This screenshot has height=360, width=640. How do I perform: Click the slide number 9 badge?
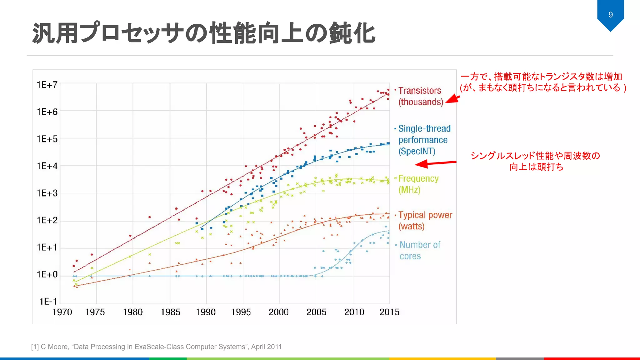point(610,15)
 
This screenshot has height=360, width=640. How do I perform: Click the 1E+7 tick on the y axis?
point(47,85)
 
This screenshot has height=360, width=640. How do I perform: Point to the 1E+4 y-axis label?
point(47,166)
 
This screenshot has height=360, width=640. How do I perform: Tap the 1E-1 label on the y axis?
point(48,301)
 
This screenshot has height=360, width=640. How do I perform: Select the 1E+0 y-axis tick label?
point(47,274)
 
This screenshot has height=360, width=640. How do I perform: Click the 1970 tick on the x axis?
point(62,312)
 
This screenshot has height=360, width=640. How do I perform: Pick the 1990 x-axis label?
point(206,312)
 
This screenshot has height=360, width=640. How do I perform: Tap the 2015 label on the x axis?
point(389,312)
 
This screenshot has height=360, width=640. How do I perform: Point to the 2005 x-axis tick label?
point(316,312)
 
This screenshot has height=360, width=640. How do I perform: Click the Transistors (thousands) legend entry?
point(420,96)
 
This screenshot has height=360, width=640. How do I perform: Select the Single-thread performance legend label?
point(424,140)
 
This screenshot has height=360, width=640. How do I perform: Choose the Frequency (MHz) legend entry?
point(418,184)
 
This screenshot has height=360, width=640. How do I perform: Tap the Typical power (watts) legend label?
point(425,220)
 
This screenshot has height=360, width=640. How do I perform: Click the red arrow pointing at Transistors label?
point(453,99)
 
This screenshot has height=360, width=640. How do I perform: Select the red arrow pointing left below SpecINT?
point(435,163)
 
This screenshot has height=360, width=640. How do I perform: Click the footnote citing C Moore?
point(156,347)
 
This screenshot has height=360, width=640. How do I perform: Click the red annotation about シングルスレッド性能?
point(536,161)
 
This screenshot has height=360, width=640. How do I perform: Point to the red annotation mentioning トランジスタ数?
point(543,82)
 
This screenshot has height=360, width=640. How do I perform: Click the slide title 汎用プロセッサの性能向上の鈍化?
point(204,33)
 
